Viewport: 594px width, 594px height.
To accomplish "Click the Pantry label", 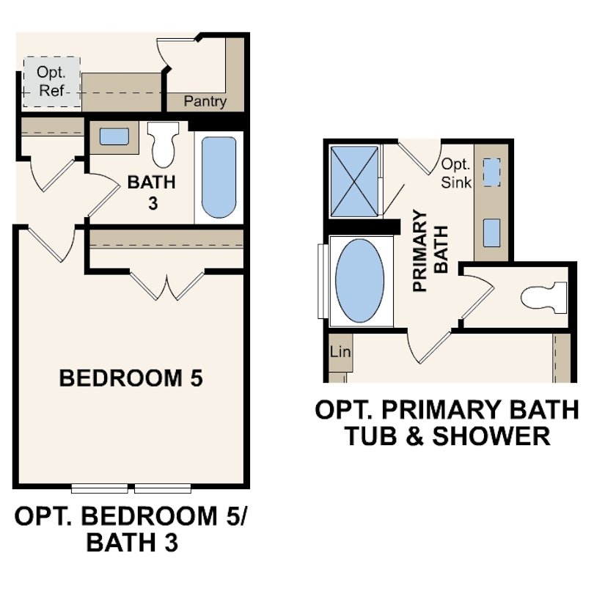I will [x=205, y=102].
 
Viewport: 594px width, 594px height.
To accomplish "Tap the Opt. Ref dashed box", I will [x=51, y=83].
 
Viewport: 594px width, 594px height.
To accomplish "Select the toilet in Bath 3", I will [x=163, y=143].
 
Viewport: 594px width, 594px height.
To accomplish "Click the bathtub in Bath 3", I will [x=219, y=177].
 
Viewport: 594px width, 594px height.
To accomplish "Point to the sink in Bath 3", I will [x=114, y=137].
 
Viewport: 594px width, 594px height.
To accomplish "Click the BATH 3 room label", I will [x=152, y=192].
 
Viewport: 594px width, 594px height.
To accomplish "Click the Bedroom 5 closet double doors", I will [x=167, y=286].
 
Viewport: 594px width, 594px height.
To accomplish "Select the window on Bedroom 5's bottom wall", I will [x=132, y=488].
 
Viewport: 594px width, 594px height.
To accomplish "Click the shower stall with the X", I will [x=356, y=181].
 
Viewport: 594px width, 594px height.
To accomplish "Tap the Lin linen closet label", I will [x=341, y=353].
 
